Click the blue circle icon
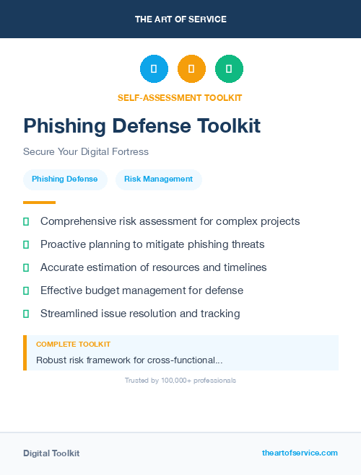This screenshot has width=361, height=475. [x=154, y=68]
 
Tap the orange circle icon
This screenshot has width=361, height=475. [x=191, y=68]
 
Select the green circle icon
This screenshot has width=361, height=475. [x=229, y=68]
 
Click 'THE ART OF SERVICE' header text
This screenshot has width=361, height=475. [x=180, y=19]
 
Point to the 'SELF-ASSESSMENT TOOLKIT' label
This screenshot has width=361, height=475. [x=180, y=97]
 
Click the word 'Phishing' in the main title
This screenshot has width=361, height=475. [x=66, y=126]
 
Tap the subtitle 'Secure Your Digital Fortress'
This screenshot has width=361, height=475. [x=85, y=152]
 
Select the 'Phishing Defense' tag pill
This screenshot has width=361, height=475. [x=65, y=179]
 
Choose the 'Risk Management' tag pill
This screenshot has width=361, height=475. [x=158, y=179]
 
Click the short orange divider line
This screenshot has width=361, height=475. [x=39, y=203]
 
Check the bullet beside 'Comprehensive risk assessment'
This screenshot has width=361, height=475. [x=26, y=221]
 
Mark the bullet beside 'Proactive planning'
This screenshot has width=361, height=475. [x=26, y=244]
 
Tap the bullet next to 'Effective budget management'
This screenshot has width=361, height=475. [x=26, y=290]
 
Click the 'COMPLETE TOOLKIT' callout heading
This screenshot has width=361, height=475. [x=73, y=345]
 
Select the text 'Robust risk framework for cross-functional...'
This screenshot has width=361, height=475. [x=129, y=360]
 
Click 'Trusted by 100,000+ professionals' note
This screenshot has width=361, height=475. [x=180, y=380]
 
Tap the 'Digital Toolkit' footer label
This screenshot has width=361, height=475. [x=51, y=453]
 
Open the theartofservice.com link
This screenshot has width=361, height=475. [x=300, y=453]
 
